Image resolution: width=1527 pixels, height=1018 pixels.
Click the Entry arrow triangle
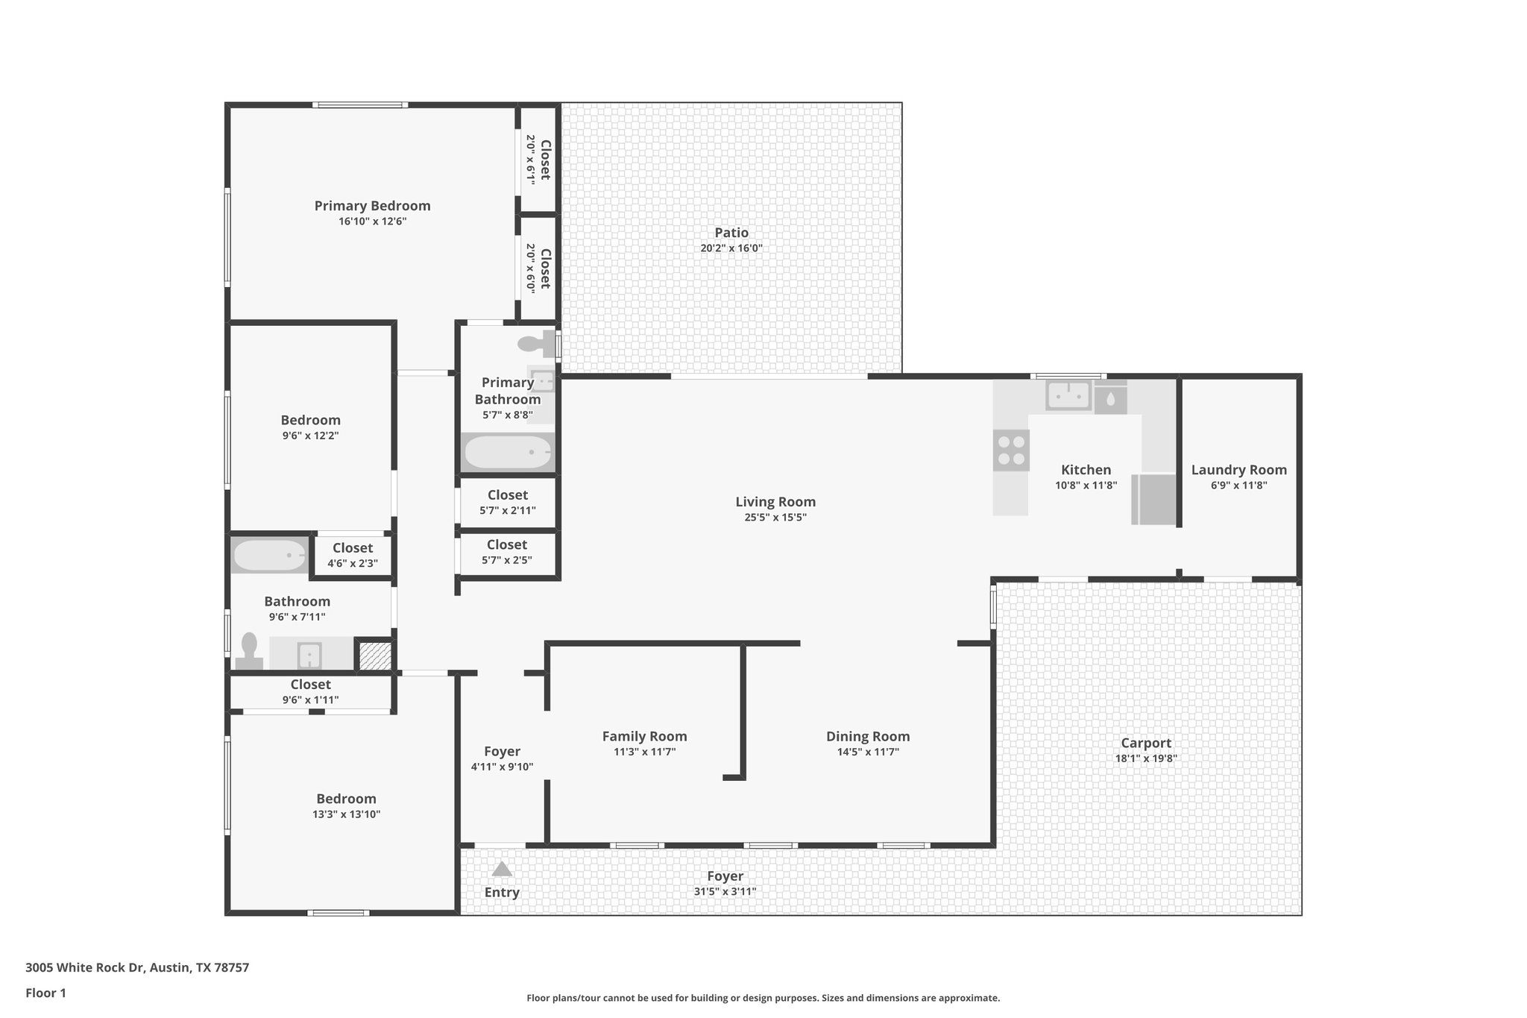(502, 869)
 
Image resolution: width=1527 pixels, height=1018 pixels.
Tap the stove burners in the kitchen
(1011, 450)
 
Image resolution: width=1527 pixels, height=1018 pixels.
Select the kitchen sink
(1068, 395)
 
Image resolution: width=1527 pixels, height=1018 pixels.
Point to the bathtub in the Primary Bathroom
(507, 452)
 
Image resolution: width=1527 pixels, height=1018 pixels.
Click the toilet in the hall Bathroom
(249, 650)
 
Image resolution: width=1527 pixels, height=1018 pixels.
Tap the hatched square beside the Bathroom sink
(375, 656)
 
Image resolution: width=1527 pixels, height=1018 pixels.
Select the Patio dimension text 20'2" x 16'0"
(731, 248)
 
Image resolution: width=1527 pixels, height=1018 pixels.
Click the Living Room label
(775, 502)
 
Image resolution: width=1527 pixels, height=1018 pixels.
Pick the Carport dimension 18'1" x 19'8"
(1145, 758)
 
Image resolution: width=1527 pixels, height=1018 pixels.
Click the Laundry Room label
(1238, 470)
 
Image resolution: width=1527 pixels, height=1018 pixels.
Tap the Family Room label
(644, 736)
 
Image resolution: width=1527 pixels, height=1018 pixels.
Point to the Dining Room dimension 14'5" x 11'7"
(867, 752)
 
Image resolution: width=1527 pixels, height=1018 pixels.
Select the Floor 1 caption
(45, 993)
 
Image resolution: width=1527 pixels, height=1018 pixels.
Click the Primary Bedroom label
(372, 206)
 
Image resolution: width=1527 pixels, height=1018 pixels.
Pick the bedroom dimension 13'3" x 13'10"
(346, 814)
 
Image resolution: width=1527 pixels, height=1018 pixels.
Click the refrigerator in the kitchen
(1153, 500)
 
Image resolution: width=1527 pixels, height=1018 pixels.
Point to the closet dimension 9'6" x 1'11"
(310, 700)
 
